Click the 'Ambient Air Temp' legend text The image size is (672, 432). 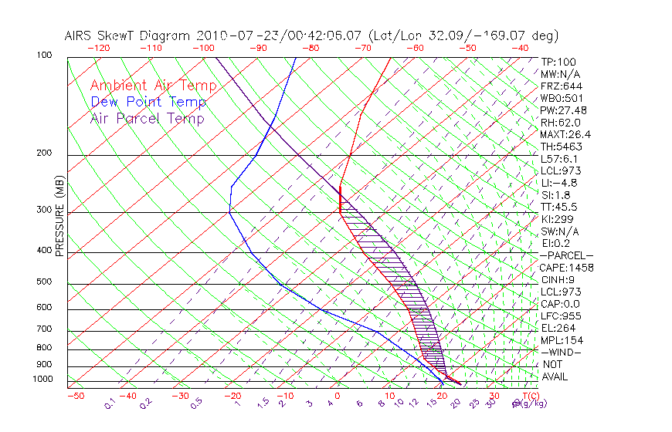pos(154,86)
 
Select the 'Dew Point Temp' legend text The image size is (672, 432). pos(148,102)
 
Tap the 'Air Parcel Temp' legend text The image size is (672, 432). pos(148,118)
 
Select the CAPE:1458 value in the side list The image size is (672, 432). pos(565,268)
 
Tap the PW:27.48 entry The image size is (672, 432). pos(562,110)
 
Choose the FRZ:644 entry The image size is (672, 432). pos(561,86)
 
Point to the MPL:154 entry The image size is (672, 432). pos(562,340)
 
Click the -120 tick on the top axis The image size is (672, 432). pos(98,48)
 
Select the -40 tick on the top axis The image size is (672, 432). pos(521,48)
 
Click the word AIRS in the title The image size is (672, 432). pos(80,35)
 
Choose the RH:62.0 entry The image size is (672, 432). pos(560,122)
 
